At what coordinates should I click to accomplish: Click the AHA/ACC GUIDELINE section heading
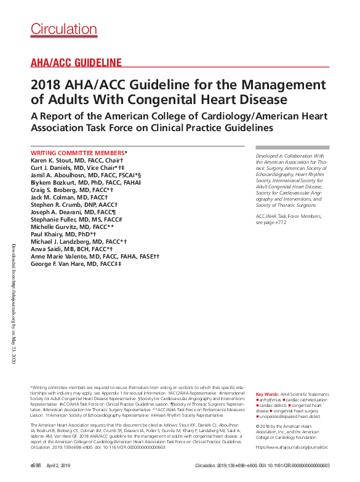click(76, 62)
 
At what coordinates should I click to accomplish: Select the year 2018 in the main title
click(46, 84)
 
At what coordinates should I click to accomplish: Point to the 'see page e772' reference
click(271, 222)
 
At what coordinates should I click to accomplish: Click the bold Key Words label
click(267, 393)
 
